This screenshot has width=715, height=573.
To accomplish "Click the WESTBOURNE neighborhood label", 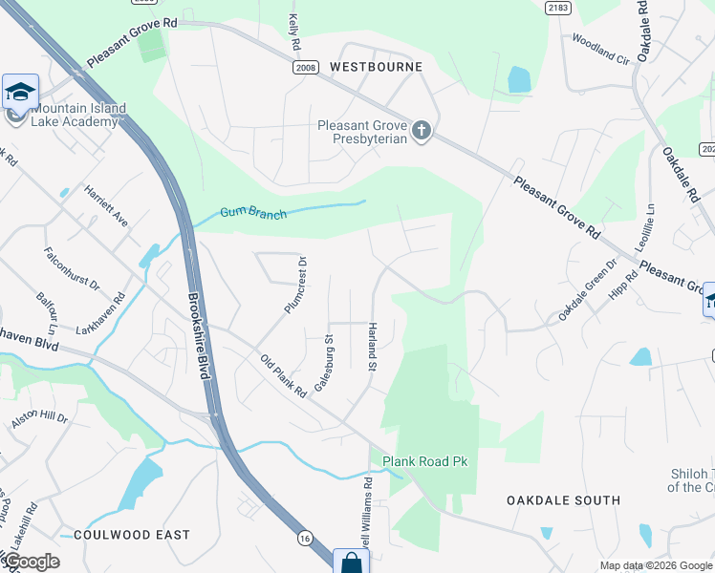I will [x=376, y=68].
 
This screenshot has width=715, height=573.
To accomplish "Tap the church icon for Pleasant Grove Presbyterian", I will [x=421, y=130].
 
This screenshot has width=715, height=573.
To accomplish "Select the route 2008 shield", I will [x=306, y=68].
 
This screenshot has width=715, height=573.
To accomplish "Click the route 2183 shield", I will [x=559, y=8].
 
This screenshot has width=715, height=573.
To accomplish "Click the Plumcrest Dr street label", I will [x=294, y=285].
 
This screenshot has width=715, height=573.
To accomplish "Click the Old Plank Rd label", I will [x=283, y=375].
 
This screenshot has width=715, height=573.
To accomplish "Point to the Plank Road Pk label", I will [x=425, y=461].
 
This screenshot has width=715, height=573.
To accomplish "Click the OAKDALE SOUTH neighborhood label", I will [x=563, y=500].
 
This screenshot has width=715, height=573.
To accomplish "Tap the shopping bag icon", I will [x=351, y=562].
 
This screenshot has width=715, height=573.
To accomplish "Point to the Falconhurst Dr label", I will [x=72, y=268].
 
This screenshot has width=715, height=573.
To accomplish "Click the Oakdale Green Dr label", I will [x=589, y=290].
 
